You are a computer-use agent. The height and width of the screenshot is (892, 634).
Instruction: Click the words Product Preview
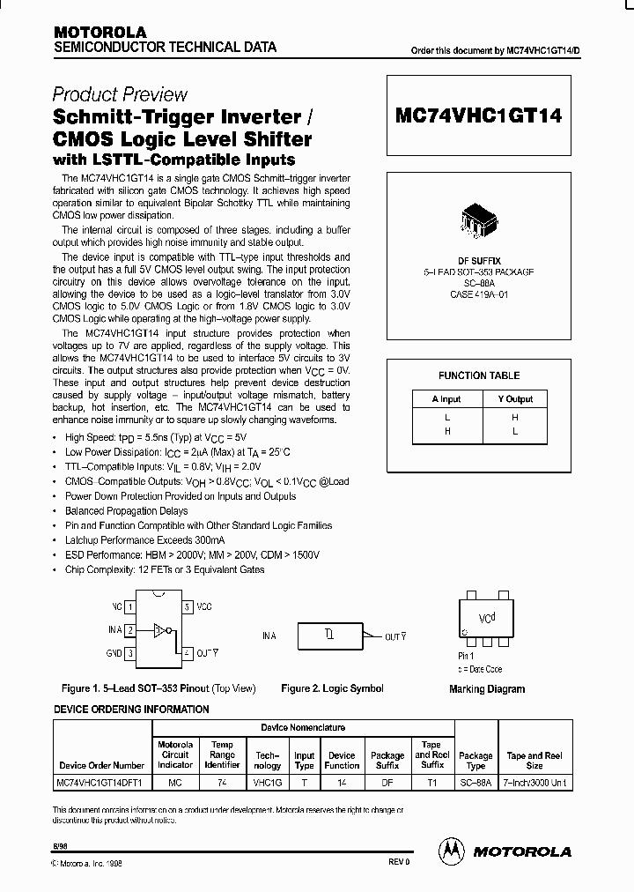pos(120,94)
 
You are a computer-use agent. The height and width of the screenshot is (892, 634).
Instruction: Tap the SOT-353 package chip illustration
pos(479,222)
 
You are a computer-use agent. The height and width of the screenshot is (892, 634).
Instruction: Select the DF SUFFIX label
pos(479,262)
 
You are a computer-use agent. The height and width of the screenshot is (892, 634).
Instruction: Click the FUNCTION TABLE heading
pos(479,375)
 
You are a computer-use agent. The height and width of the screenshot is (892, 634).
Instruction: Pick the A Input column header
pos(446,399)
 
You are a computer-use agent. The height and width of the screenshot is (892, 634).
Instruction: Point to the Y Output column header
pos(514,399)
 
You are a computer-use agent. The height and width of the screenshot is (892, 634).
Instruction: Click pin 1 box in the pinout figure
pos(130,607)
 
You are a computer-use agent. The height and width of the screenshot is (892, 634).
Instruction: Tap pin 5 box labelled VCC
pos(187,607)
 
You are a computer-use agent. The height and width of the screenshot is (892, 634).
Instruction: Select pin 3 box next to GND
pos(130,653)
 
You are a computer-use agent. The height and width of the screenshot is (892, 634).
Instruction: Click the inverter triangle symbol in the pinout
pos(158,630)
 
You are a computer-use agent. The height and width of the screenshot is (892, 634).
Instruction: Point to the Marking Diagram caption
pos(487,689)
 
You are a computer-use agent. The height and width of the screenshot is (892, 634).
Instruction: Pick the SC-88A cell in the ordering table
pos(475,782)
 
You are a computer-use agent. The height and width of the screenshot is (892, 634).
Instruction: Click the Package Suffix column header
pos(387,761)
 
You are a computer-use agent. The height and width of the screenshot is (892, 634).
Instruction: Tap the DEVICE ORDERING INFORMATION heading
pos(132,710)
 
